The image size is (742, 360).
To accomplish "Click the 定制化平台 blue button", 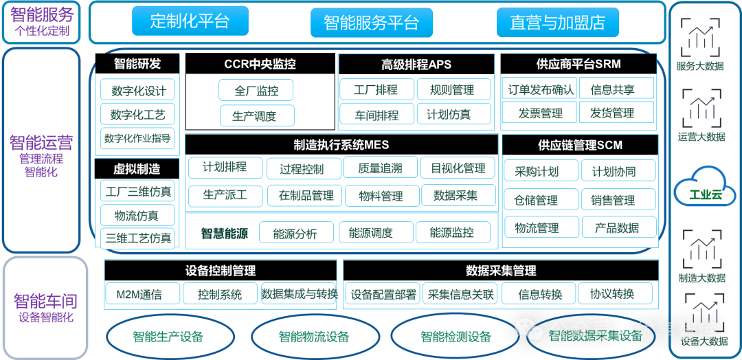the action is pyautogui.click(x=190, y=21).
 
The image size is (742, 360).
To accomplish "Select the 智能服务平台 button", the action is pyautogui.click(x=371, y=23).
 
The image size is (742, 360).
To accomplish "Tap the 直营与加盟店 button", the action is pyautogui.click(x=557, y=23).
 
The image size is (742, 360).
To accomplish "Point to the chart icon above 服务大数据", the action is pyautogui.click(x=700, y=38).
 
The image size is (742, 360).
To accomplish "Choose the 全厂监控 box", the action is pyautogui.click(x=256, y=91).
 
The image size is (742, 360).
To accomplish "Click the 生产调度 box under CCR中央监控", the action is pyautogui.click(x=256, y=115).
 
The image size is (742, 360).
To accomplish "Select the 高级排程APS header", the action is pyautogui.click(x=416, y=65).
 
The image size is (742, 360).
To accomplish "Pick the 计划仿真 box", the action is pyautogui.click(x=449, y=115).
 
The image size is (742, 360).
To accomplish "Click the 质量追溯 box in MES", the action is pyautogui.click(x=380, y=168).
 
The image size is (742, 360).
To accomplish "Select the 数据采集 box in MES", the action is pyautogui.click(x=456, y=195).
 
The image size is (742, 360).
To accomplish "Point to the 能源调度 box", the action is pyautogui.click(x=370, y=233).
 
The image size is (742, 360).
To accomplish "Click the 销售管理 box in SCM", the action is pyautogui.click(x=614, y=200).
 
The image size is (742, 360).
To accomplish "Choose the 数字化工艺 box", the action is pyautogui.click(x=137, y=114).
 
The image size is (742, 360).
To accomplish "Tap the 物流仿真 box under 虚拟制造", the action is pyautogui.click(x=136, y=216).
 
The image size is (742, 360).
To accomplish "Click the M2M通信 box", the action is pyautogui.click(x=139, y=295).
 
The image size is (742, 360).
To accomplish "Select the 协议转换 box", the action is pyautogui.click(x=611, y=295).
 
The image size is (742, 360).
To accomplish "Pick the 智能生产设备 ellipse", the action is pyautogui.click(x=168, y=337).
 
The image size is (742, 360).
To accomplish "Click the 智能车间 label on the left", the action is pyautogui.click(x=45, y=301).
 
